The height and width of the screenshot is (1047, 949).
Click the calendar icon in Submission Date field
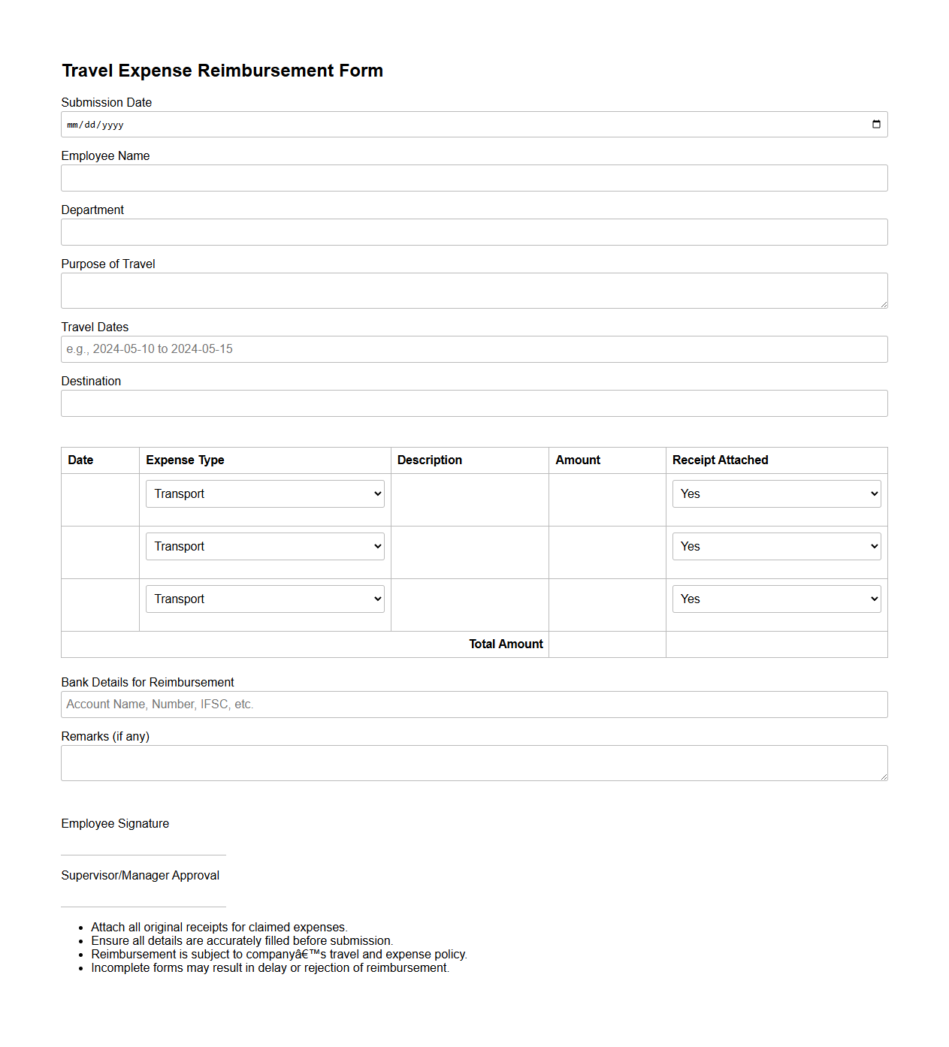tap(876, 125)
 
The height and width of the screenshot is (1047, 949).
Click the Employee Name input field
tap(474, 178)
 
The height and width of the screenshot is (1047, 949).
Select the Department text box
tap(474, 232)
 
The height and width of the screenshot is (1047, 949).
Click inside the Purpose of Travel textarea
tap(474, 291)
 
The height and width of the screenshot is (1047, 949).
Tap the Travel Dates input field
tap(474, 349)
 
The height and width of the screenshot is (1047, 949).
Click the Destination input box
tap(474, 403)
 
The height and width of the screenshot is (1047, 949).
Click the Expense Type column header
tap(185, 460)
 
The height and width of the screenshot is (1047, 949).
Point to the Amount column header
tap(578, 460)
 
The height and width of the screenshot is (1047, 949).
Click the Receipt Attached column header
tap(720, 460)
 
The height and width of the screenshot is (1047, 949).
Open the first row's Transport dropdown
tap(264, 494)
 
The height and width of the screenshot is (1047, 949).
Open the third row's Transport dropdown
tap(264, 599)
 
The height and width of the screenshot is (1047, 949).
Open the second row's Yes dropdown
tap(776, 547)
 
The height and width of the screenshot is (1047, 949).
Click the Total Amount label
tap(506, 644)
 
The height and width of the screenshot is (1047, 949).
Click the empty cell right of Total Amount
tap(607, 644)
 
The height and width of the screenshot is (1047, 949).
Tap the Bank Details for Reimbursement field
tap(474, 705)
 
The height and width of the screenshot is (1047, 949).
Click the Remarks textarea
tap(474, 763)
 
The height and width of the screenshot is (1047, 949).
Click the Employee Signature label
tap(115, 824)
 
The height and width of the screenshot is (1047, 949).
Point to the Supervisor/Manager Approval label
tap(141, 876)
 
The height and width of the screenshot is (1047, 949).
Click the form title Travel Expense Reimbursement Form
tap(222, 71)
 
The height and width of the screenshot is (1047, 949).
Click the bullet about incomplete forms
tap(270, 968)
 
